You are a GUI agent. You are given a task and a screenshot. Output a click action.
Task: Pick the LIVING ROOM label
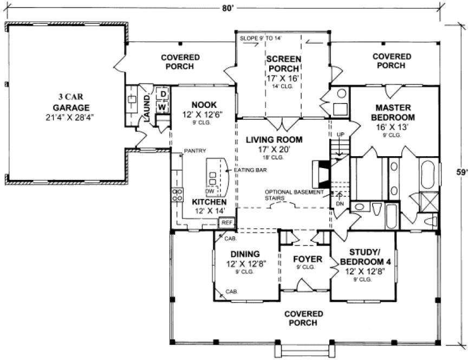pos(274,139)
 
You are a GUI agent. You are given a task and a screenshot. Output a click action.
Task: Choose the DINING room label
pos(246,254)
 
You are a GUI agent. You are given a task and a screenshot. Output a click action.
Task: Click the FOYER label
pos(307,259)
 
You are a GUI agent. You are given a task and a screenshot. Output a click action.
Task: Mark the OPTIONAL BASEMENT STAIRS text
pos(295,195)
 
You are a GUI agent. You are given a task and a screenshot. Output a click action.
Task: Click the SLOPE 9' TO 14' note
pos(261,38)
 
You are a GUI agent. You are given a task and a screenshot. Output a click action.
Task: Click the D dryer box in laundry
pos(162,95)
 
